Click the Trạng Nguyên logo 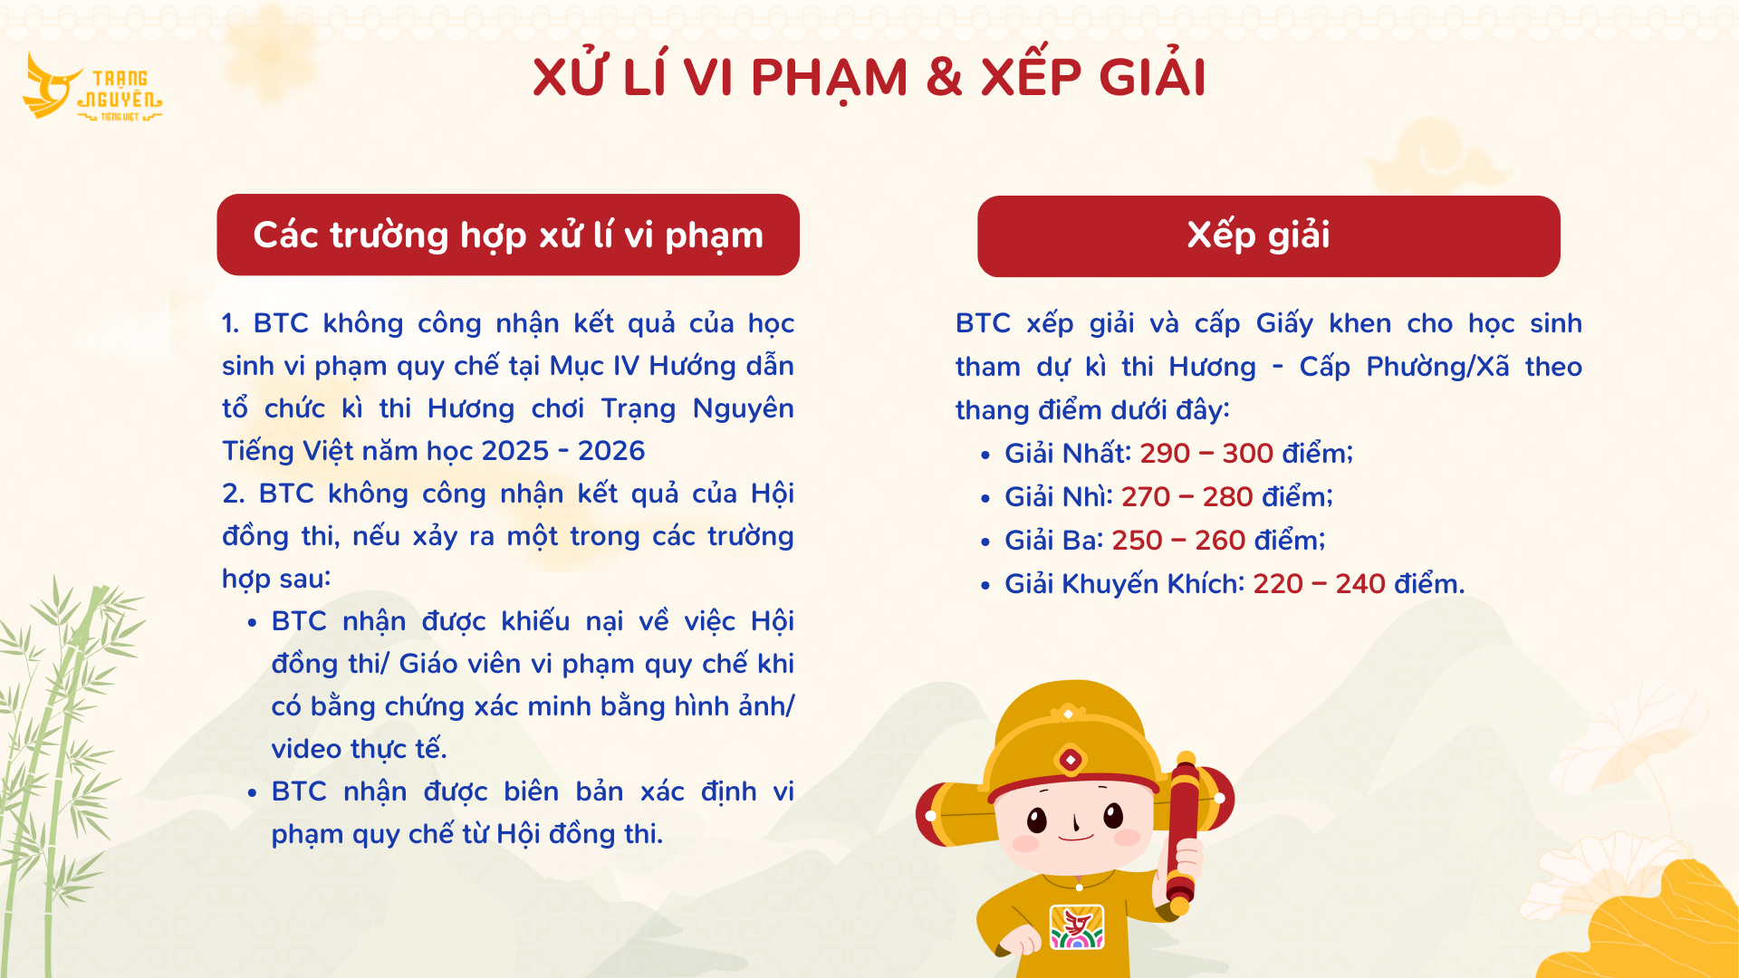92,87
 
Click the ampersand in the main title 944,77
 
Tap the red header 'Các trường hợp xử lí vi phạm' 508,235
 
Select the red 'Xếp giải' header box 1269,236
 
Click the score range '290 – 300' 1206,453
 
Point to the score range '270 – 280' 1187,496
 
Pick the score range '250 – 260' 1178,540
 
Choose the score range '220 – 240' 1319,583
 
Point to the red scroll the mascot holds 1182,833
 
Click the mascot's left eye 1037,820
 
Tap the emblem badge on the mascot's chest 1077,926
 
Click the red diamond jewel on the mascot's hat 1071,760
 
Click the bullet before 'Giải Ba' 985,542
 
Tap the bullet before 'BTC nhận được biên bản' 252,793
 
